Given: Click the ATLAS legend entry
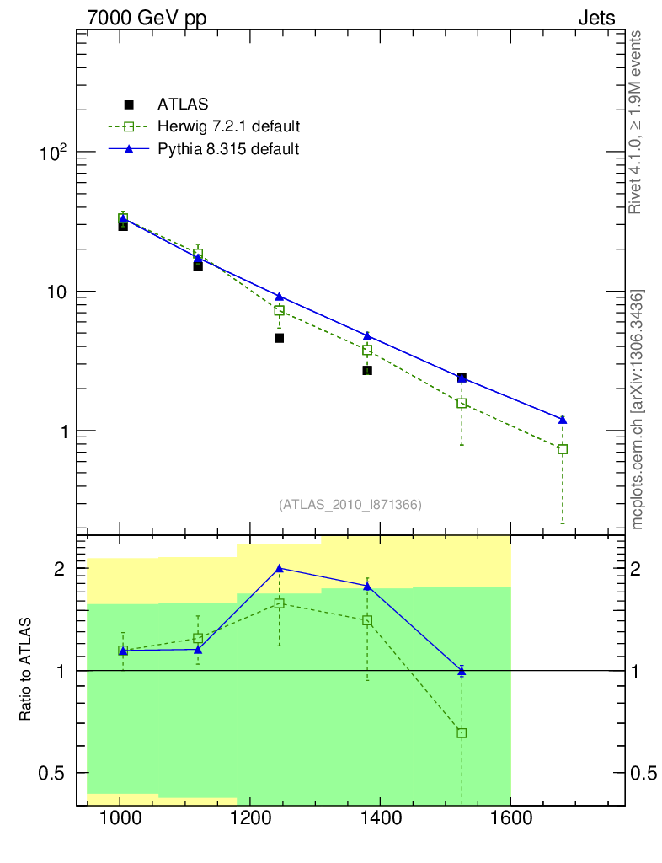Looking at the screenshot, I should pos(182,105).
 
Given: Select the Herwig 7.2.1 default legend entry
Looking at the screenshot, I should pos(228,127).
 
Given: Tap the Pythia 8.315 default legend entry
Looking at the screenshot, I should pos(228,149).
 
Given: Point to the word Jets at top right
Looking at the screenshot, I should pos(595,18).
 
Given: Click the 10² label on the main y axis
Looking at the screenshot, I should pos(53,153).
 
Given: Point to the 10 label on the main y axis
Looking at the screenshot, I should pos(56,292).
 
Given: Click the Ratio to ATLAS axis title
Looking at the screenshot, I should pos(25,671).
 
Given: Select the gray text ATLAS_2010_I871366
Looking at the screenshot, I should pos(350,505).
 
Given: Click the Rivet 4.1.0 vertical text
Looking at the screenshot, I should pos(637,122).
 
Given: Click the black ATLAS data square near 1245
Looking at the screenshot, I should pos(279,338).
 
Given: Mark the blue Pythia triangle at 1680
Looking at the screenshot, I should pos(563,420).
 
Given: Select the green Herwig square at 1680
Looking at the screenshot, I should pos(563,449).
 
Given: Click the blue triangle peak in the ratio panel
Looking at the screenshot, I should pos(279,568).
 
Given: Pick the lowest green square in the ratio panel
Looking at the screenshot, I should pos(462,733).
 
